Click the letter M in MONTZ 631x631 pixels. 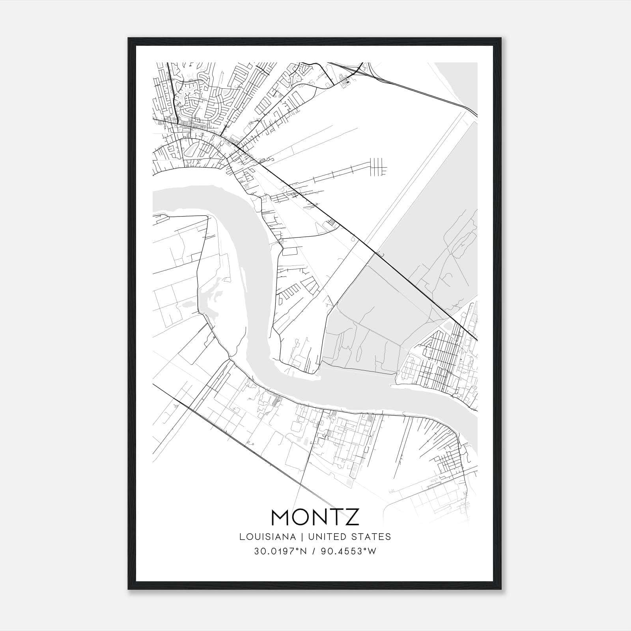click(x=283, y=517)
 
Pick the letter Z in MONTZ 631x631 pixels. click(x=353, y=517)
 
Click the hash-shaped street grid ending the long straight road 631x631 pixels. click(x=378, y=166)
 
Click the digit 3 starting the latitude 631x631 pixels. click(x=256, y=551)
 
